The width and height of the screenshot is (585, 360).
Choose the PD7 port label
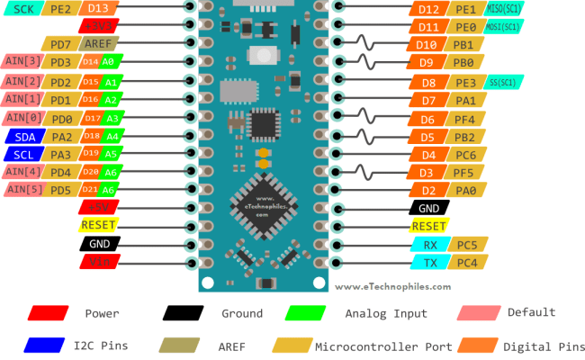[x=61, y=43]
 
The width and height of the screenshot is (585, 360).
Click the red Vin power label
[x=99, y=261]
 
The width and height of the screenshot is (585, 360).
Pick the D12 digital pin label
[x=428, y=9]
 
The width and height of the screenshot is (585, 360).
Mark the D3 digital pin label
[x=427, y=172]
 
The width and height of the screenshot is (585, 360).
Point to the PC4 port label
[x=466, y=262]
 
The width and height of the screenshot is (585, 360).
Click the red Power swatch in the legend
[x=49, y=313]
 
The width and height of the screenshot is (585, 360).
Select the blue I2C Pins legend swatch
[x=49, y=346]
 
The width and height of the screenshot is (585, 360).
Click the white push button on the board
[x=265, y=56]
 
